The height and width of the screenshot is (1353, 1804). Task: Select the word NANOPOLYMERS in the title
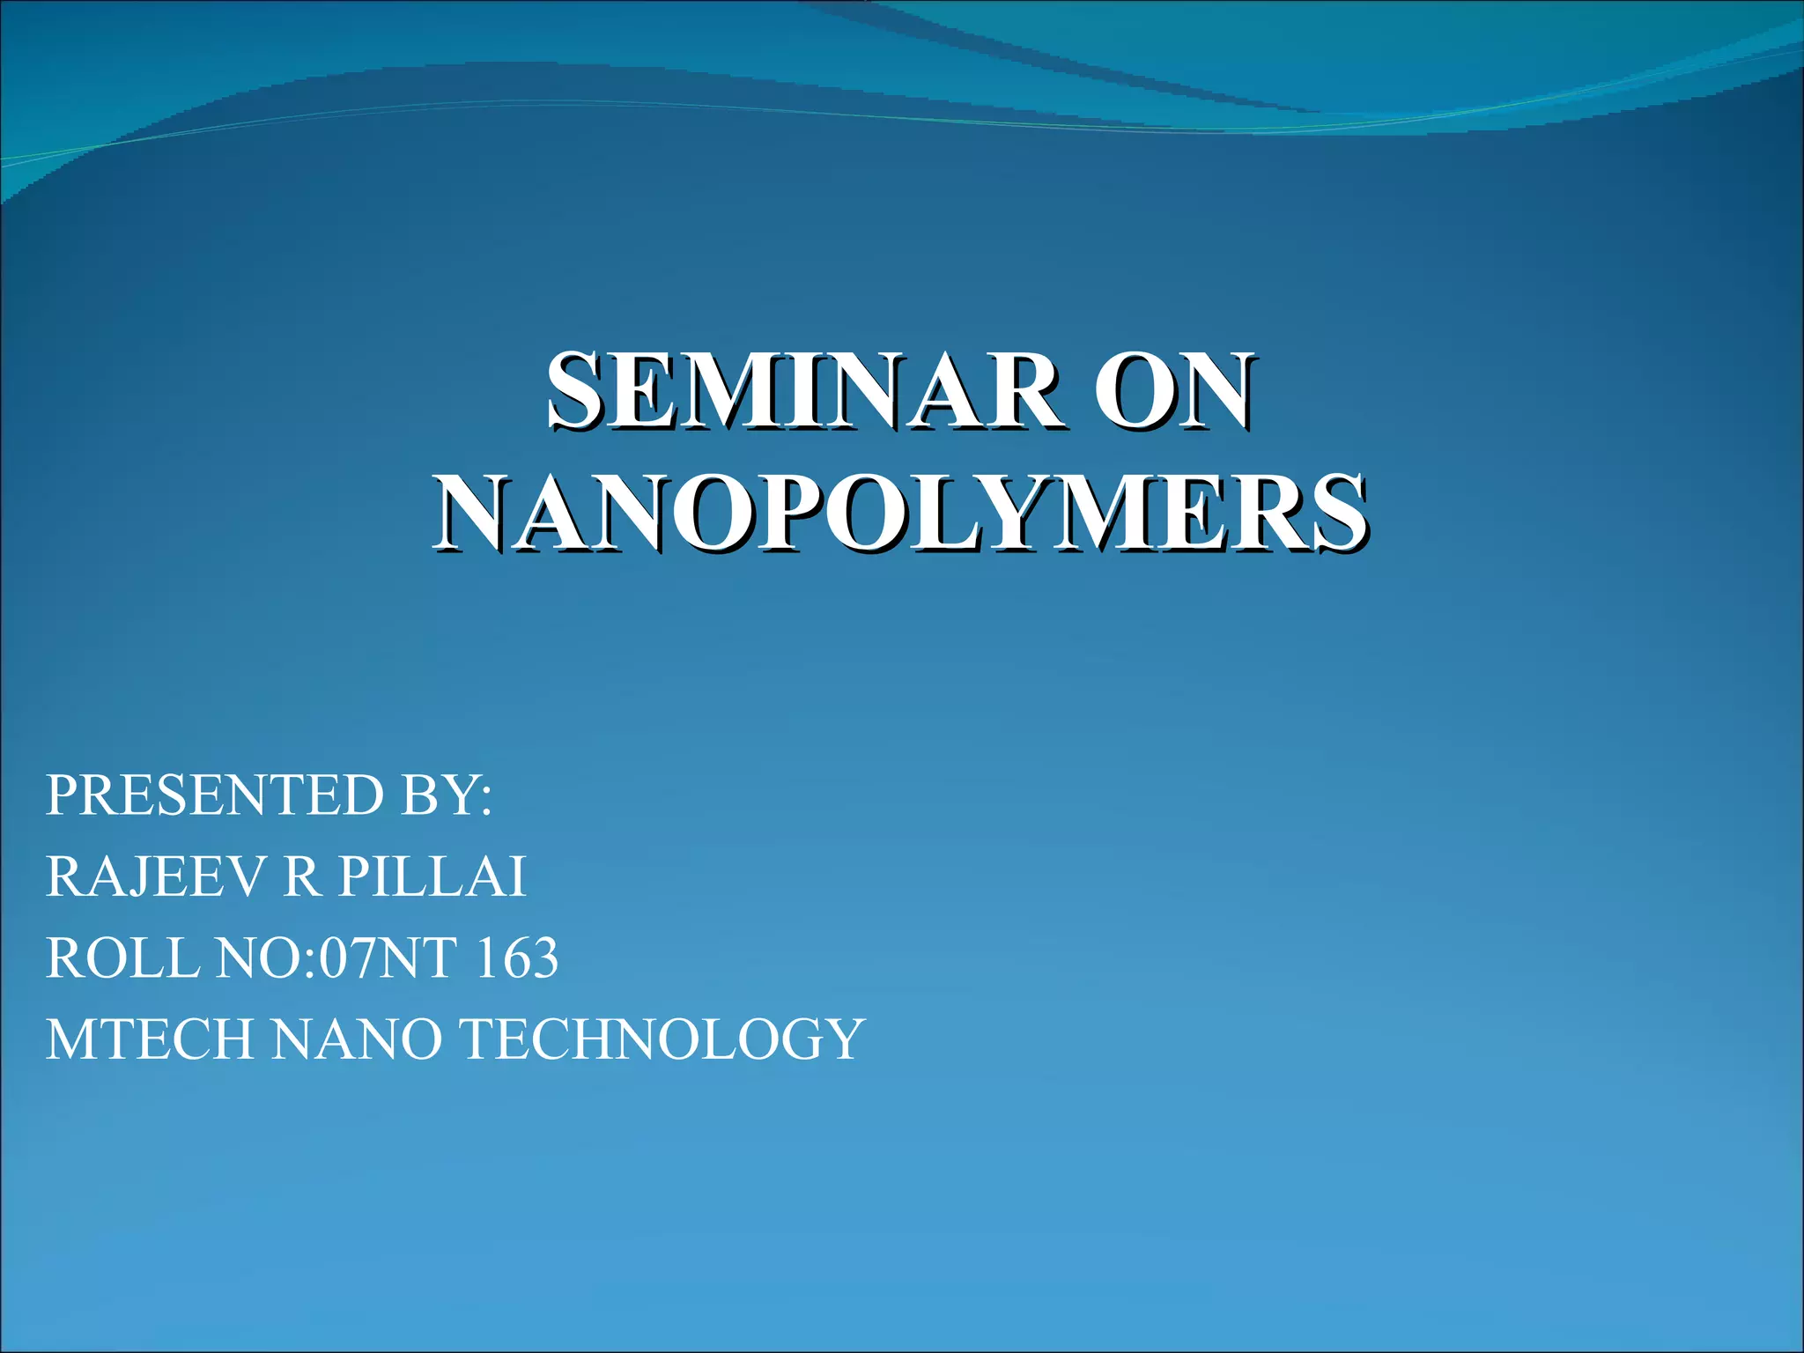(x=900, y=514)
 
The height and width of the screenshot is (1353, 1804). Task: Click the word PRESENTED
(x=215, y=795)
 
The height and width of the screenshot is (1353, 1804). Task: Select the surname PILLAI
(x=433, y=877)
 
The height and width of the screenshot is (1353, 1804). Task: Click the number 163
(x=516, y=958)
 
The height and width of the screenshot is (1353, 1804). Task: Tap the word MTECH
(x=150, y=1039)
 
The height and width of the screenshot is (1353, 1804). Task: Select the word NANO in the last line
(x=357, y=1039)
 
